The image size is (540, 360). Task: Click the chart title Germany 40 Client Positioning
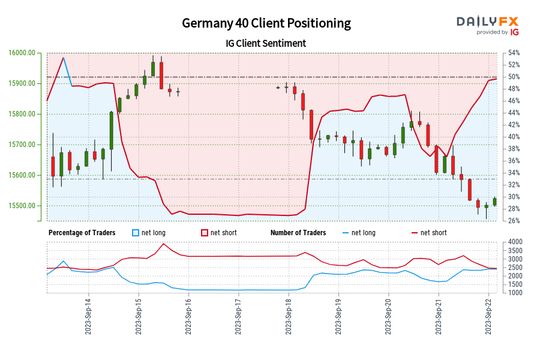[267, 23]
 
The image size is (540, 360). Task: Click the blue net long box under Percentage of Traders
[135, 233]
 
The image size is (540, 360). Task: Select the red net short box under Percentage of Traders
[204, 233]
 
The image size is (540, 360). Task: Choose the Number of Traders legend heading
[298, 233]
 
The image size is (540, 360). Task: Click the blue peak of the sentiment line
[64, 58]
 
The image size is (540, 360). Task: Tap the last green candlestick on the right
[495, 202]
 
